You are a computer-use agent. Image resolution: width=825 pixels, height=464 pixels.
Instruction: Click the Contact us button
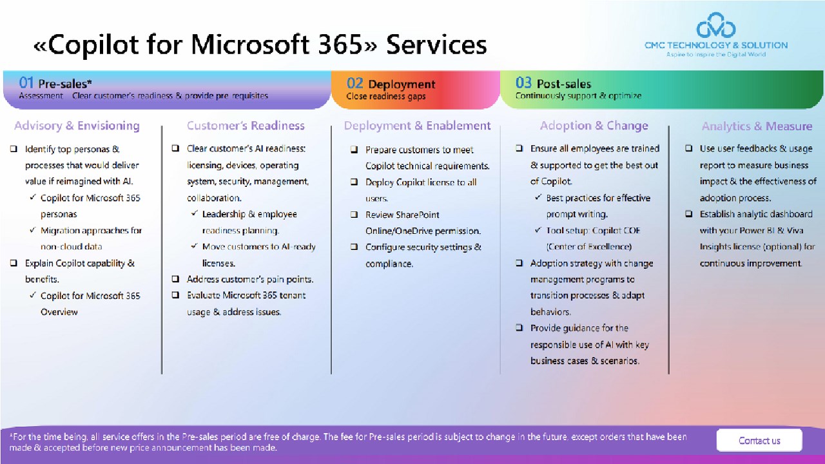759,440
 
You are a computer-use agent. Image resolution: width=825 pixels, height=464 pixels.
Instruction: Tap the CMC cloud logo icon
716,25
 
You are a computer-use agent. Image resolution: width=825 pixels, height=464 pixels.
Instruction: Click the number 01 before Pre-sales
26,83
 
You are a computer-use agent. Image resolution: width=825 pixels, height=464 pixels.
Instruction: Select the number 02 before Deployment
354,83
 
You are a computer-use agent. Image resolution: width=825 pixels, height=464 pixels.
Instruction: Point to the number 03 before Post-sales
523,83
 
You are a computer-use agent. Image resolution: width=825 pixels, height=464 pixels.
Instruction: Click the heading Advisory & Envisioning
77,126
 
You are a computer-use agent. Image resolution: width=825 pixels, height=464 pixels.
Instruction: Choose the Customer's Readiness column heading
246,126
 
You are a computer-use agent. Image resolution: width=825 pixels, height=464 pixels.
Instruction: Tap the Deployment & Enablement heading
417,126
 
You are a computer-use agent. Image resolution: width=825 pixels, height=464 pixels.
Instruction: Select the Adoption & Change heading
594,126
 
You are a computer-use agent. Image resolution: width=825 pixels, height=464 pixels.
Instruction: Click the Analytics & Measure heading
757,126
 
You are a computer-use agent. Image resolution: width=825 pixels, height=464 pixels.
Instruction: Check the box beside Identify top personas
14,149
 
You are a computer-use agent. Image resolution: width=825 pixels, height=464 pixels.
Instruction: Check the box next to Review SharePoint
354,215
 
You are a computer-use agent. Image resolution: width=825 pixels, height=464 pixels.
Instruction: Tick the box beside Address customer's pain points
175,279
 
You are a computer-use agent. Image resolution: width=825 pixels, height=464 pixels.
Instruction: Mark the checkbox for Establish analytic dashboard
689,213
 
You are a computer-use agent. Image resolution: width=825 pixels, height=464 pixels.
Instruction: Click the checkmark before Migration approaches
33,230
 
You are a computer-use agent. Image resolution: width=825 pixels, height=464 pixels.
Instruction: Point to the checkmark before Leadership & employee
195,213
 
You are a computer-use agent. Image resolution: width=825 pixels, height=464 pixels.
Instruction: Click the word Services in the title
436,44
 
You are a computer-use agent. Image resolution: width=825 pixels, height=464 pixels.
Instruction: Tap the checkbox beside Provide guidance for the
519,327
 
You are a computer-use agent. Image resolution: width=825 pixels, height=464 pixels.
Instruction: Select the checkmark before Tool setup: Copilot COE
538,230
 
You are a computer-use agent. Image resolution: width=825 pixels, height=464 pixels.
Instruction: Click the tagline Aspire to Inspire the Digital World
716,55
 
